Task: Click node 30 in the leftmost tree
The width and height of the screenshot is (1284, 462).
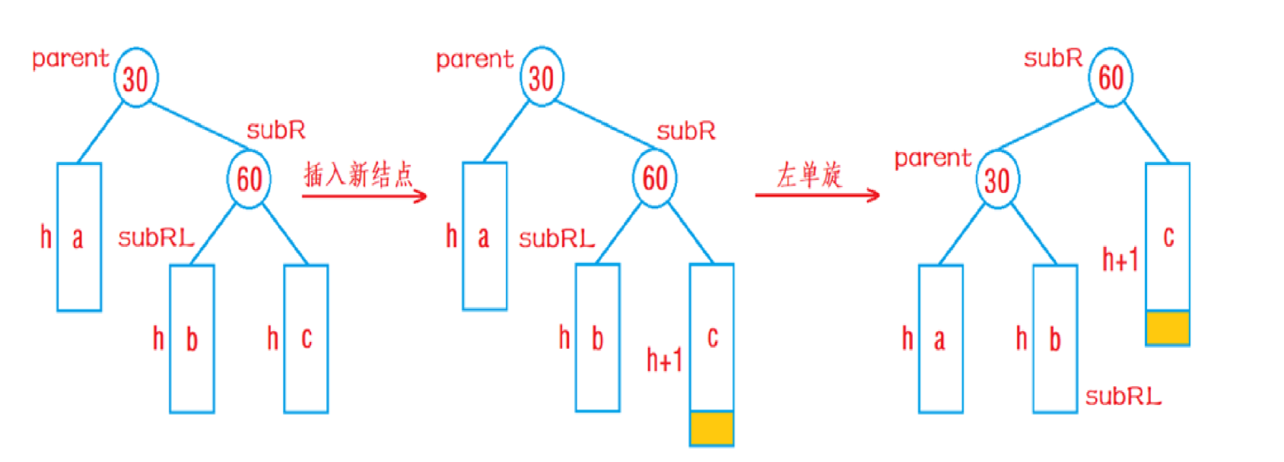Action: (x=136, y=78)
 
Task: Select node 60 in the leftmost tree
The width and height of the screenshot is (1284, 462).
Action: (x=249, y=179)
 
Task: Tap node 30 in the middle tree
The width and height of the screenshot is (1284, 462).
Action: (x=542, y=77)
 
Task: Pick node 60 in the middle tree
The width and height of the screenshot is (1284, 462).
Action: (x=655, y=179)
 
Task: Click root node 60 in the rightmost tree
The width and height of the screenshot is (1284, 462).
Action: (x=1111, y=77)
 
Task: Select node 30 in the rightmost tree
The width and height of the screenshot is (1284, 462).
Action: (x=997, y=180)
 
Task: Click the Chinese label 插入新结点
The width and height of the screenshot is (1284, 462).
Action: (x=358, y=175)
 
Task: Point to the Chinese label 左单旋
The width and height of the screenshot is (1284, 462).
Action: (x=809, y=175)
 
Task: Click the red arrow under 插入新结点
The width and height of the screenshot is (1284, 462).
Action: (x=364, y=196)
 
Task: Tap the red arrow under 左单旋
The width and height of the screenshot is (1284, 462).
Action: (x=817, y=195)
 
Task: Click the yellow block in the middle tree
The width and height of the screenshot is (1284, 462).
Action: (x=712, y=429)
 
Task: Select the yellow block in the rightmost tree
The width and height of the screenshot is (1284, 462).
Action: (x=1168, y=328)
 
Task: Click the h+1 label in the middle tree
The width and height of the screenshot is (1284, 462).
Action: (x=664, y=359)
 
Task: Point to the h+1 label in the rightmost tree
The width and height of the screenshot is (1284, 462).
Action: (x=1120, y=260)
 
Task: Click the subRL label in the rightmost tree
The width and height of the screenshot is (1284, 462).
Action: (x=1123, y=396)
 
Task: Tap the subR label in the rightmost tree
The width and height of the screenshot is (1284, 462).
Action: (x=1053, y=59)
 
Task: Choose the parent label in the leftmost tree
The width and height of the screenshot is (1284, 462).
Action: (x=71, y=59)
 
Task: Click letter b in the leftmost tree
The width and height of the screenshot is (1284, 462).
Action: (x=192, y=339)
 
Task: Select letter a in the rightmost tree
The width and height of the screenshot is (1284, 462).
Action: (x=939, y=339)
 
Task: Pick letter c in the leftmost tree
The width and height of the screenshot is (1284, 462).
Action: (x=307, y=337)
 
